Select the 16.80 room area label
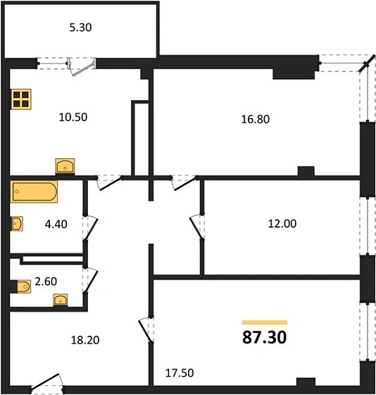[255, 119]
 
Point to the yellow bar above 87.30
[264, 322]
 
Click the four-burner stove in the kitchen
[22, 99]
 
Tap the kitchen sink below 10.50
[65, 166]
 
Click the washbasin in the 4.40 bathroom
[16, 224]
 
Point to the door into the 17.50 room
[146, 328]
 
